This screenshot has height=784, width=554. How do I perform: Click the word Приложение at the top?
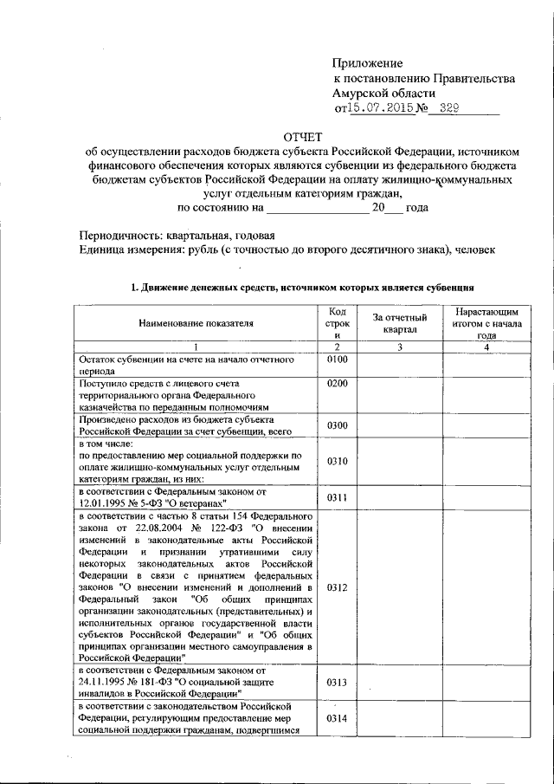369,63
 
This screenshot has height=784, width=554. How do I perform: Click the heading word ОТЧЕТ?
302,137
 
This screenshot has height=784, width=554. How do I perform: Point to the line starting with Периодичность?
177,235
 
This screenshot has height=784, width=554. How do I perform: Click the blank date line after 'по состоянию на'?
318,208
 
